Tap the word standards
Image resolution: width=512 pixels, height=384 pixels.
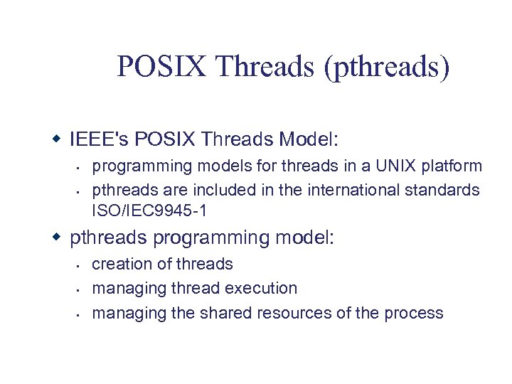[445, 191]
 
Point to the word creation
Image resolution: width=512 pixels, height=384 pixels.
[121, 264]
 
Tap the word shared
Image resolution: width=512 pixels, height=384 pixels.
[225, 312]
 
